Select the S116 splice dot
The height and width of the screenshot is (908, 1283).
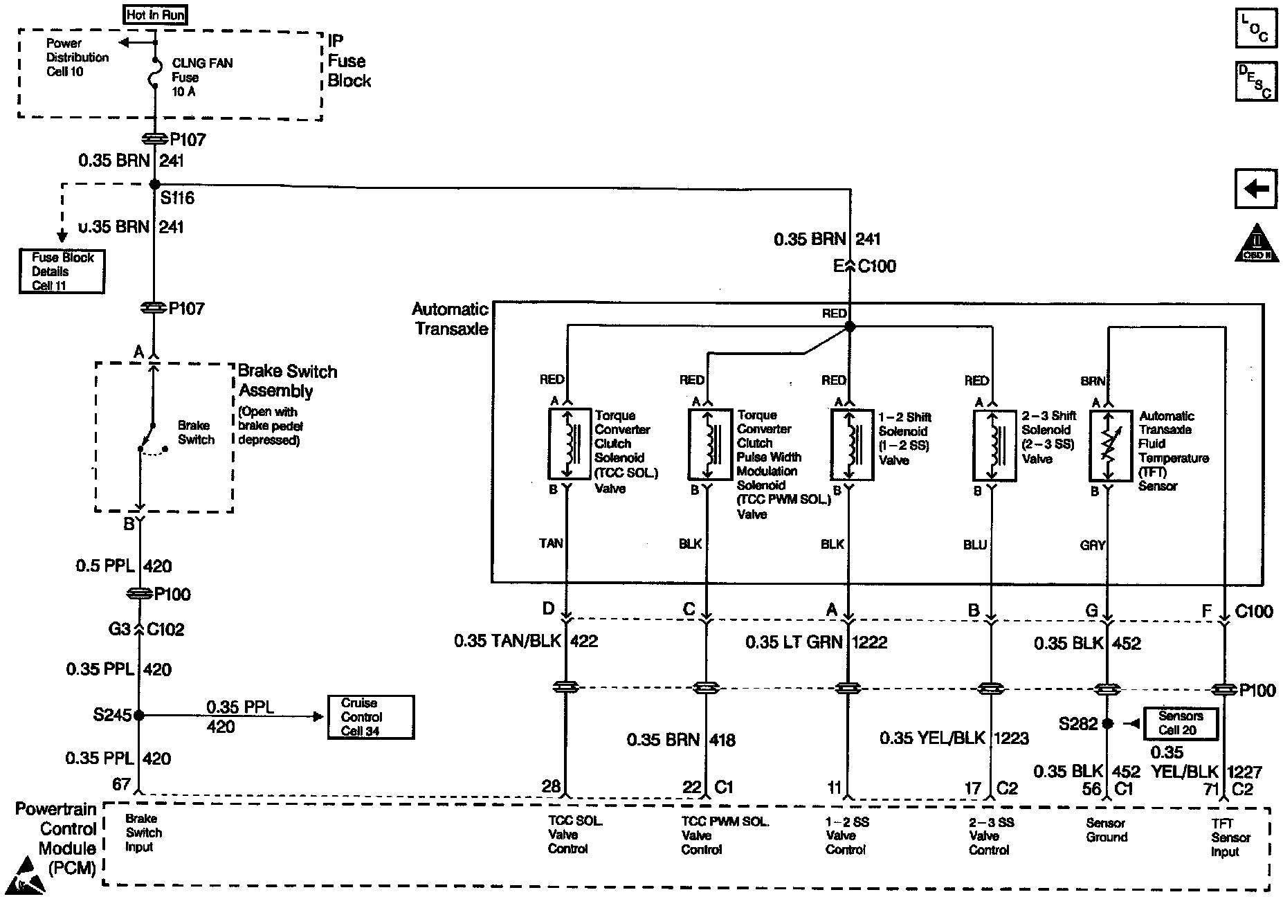pyautogui.click(x=155, y=184)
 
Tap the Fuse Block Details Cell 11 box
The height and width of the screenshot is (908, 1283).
pyautogui.click(x=62, y=271)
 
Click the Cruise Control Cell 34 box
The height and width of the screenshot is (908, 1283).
pyautogui.click(x=371, y=717)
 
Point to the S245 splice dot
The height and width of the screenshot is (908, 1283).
pyautogui.click(x=139, y=715)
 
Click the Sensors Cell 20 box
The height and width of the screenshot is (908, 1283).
pyautogui.click(x=1180, y=723)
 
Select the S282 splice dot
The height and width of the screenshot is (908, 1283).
pyautogui.click(x=1107, y=723)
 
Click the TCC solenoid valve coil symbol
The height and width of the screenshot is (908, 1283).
pyautogui.click(x=570, y=444)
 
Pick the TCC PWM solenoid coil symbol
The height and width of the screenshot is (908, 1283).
pyautogui.click(x=710, y=444)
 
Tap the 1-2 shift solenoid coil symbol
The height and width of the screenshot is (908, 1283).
pyautogui.click(x=852, y=444)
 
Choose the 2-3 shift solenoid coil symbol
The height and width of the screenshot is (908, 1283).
pyautogui.click(x=994, y=444)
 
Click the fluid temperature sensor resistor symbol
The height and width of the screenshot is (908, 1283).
pyautogui.click(x=1111, y=445)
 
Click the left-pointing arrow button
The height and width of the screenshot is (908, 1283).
pyautogui.click(x=1256, y=188)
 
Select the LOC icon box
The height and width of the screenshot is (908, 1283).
pyautogui.click(x=1256, y=28)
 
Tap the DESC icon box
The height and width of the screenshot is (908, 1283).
pyautogui.click(x=1256, y=81)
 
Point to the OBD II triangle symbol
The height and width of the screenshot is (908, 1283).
pyautogui.click(x=1257, y=244)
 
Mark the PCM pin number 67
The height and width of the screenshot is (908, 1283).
pyautogui.click(x=122, y=784)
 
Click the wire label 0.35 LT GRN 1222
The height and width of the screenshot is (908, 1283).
pyautogui.click(x=816, y=642)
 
